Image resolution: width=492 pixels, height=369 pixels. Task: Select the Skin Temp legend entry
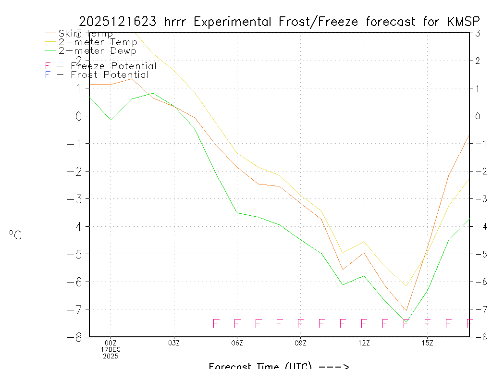pyautogui.click(x=86, y=34)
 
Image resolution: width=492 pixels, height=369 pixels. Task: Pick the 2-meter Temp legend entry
pyautogui.click(x=98, y=42)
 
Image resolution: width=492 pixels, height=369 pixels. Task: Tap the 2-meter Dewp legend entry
pyautogui.click(x=97, y=50)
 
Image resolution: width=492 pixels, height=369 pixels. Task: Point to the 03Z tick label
pyautogui.click(x=174, y=343)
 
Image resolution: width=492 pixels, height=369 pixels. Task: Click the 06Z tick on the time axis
pyautogui.click(x=237, y=343)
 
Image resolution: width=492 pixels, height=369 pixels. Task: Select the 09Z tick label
pyautogui.click(x=300, y=343)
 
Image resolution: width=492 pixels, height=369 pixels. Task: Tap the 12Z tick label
pyautogui.click(x=364, y=343)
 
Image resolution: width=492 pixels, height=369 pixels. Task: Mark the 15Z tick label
pyautogui.click(x=427, y=343)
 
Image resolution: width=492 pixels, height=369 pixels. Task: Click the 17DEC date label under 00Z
pyautogui.click(x=111, y=350)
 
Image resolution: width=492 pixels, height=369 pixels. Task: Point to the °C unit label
pyautogui.click(x=15, y=235)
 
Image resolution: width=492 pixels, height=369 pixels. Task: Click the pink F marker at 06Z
pyautogui.click(x=237, y=323)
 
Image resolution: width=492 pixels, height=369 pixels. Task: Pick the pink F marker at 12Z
pyautogui.click(x=364, y=323)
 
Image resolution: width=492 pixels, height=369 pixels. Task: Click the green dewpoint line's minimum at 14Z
pyautogui.click(x=406, y=320)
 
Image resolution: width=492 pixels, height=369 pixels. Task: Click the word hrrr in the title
pyautogui.click(x=178, y=22)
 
